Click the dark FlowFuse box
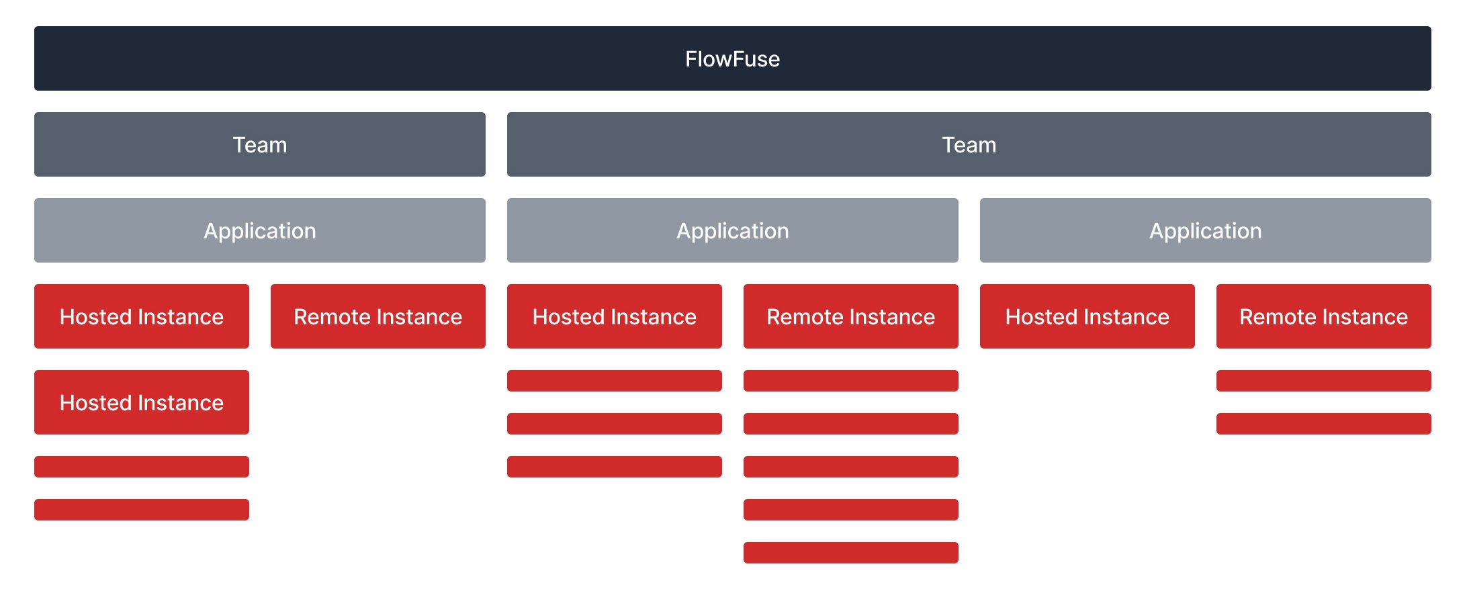pos(732,58)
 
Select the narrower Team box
pos(259,144)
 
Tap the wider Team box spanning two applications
pos(969,144)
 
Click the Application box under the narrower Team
pos(259,230)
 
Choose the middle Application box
pos(732,230)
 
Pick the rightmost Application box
pos(1205,230)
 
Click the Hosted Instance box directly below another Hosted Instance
pos(141,402)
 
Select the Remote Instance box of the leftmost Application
pos(377,316)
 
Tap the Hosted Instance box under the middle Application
pos(614,316)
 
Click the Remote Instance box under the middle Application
pos(850,316)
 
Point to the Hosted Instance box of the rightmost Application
pos(1087,316)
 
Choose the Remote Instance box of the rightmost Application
pos(1323,316)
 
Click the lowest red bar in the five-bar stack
pos(850,553)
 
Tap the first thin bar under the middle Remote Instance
pos(850,381)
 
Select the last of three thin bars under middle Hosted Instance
pos(614,467)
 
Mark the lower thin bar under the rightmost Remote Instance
pos(1323,424)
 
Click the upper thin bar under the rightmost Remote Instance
pos(1323,381)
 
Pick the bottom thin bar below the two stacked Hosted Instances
pos(141,510)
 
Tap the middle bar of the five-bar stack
pos(850,467)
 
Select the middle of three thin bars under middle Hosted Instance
pos(614,424)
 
